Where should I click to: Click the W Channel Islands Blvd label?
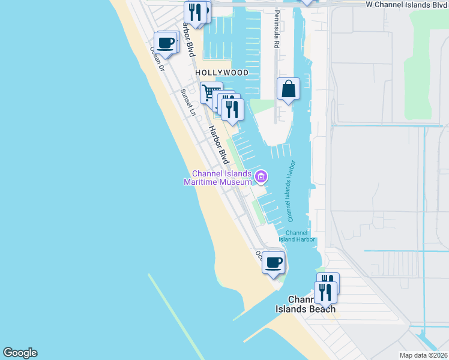[407, 4]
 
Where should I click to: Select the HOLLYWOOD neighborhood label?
[221, 73]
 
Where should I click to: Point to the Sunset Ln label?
[188, 103]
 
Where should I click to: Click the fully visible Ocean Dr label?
[157, 59]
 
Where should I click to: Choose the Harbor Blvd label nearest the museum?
[219, 145]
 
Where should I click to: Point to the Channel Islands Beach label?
[306, 304]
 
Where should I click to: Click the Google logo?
[20, 353]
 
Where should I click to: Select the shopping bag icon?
[288, 89]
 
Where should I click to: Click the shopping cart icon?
[210, 93]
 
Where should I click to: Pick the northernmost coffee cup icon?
[165, 43]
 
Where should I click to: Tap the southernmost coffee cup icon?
[274, 262]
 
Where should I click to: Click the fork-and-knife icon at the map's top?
[195, 11]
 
